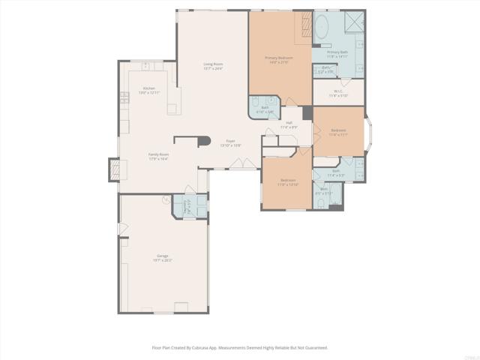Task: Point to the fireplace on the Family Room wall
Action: point(113,169)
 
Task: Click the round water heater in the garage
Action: point(166,199)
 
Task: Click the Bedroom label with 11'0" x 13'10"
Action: point(288,181)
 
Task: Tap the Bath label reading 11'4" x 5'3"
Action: point(338,173)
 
